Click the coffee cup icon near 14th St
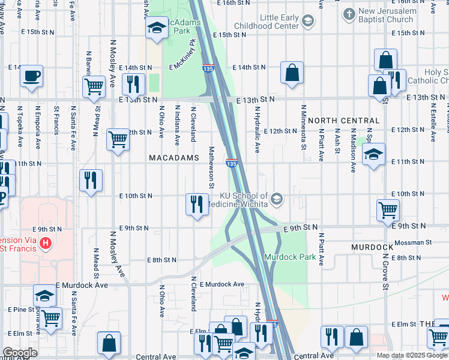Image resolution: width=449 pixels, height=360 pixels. click(31, 76)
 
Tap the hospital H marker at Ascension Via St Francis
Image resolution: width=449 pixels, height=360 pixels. click(46, 244)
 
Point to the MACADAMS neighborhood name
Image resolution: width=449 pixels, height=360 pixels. click(173, 158)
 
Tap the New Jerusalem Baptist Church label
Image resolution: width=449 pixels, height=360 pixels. click(386, 16)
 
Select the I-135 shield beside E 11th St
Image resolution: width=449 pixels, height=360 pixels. click(231, 163)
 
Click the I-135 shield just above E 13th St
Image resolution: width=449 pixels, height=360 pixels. click(208, 68)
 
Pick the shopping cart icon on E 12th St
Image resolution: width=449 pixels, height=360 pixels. click(118, 139)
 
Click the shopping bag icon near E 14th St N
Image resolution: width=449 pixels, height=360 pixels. click(292, 74)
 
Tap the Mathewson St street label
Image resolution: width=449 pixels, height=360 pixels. click(211, 167)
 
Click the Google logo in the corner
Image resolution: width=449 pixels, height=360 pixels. click(20, 353)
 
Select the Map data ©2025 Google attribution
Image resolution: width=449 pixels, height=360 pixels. click(412, 355)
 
